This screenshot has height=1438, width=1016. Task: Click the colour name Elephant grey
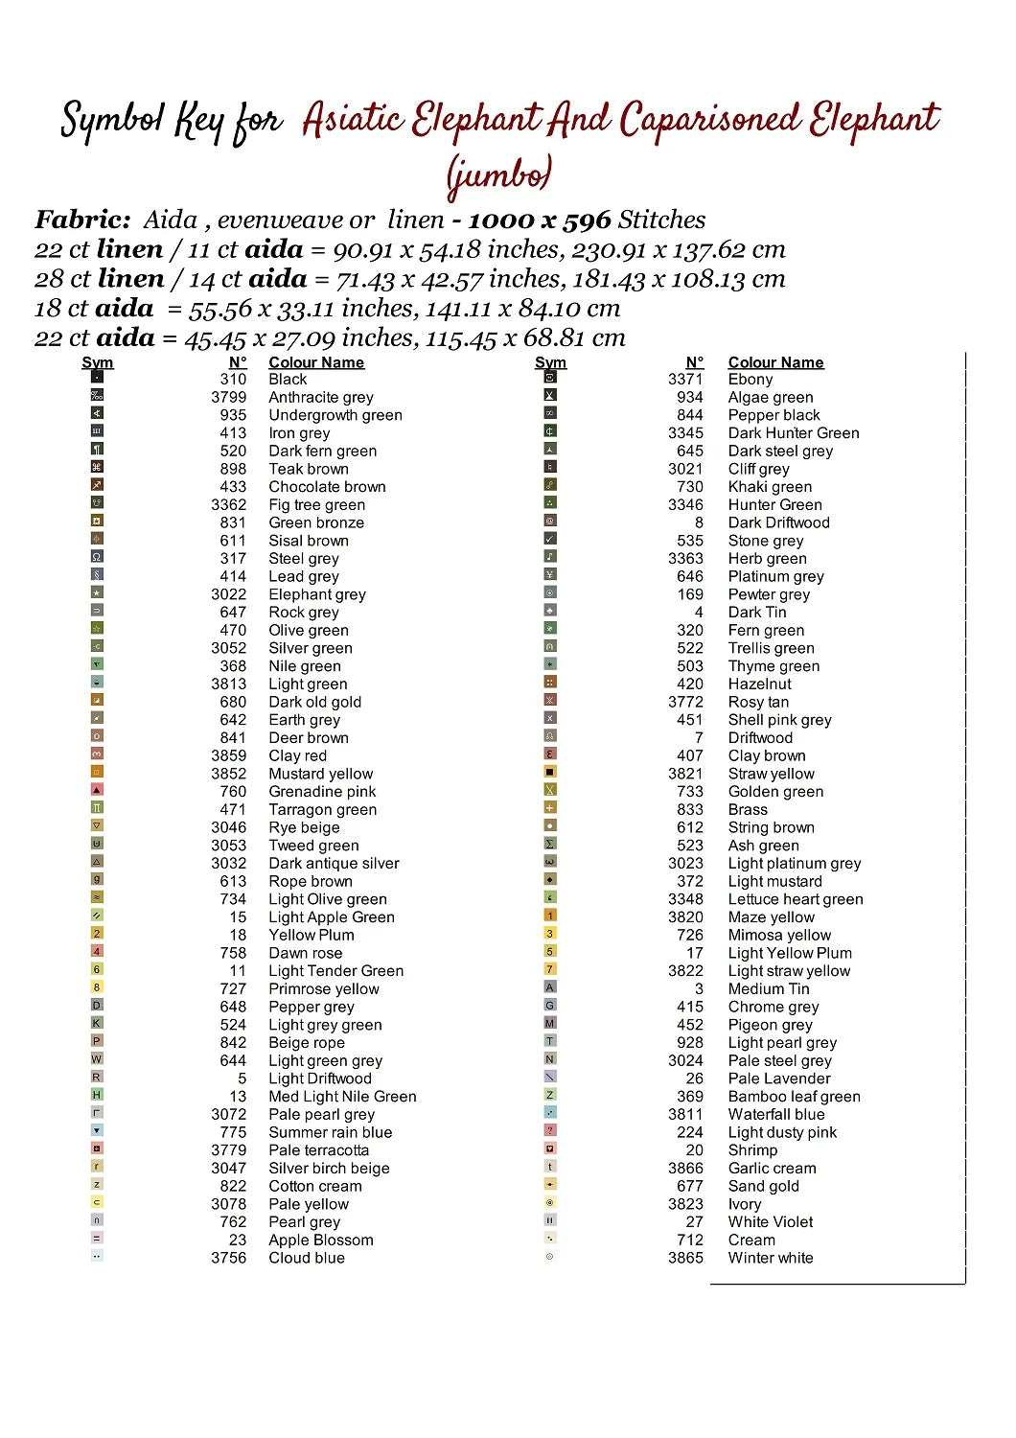tap(317, 594)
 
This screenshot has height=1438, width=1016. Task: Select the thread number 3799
tap(228, 397)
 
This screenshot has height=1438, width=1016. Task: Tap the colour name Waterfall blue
tap(775, 1114)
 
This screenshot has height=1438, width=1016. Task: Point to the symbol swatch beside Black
tap(97, 377)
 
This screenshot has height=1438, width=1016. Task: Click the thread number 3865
tap(685, 1258)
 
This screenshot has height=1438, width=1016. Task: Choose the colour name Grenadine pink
tap(322, 792)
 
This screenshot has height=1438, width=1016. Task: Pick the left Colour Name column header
tap(316, 362)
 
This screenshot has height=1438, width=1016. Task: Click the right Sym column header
tap(550, 362)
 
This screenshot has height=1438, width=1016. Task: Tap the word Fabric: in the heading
tap(82, 220)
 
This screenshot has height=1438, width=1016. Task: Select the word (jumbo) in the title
tap(498, 174)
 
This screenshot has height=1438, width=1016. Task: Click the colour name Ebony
tap(750, 380)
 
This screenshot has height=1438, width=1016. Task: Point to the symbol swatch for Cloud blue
tap(97, 1256)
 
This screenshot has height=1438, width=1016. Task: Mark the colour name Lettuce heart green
tap(795, 899)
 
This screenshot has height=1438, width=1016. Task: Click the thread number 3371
tap(685, 380)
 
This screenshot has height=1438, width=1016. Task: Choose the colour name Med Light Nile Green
tap(342, 1097)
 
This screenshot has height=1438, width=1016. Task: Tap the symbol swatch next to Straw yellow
tap(550, 772)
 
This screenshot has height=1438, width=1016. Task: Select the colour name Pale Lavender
tap(779, 1078)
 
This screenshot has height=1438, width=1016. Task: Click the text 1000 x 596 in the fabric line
tap(539, 220)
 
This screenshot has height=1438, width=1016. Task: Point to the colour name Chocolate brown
tap(327, 487)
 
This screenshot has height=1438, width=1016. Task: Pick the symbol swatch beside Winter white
tap(550, 1256)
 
